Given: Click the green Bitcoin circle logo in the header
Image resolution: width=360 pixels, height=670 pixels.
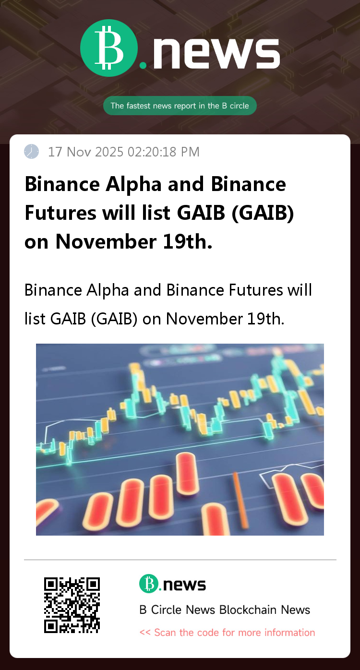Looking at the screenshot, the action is [x=109, y=48].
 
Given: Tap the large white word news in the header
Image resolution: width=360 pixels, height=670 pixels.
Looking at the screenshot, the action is [x=216, y=54].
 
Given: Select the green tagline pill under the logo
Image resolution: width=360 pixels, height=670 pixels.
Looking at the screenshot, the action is [x=180, y=106].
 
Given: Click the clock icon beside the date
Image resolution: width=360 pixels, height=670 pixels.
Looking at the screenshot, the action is [x=31, y=151].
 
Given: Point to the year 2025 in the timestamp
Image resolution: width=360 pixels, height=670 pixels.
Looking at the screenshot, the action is [x=109, y=152].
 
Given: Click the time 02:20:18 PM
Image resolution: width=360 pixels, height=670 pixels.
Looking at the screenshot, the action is [x=163, y=152].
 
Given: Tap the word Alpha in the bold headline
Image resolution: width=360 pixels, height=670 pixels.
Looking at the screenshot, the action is [x=133, y=184].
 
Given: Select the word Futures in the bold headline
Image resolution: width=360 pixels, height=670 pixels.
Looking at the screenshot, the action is [x=60, y=213].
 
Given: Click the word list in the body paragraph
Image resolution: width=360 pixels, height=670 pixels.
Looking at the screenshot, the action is [x=35, y=319].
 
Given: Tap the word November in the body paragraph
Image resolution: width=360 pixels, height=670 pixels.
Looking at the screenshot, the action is [x=204, y=319].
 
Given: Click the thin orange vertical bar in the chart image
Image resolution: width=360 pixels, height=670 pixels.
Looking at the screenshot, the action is [x=240, y=500].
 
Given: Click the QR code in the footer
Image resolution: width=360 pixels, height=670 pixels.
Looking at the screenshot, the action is [x=72, y=605].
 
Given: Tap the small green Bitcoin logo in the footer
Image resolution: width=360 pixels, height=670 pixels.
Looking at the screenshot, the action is [x=149, y=584].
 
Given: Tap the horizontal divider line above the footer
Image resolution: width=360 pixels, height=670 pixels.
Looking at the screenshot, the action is [x=180, y=560].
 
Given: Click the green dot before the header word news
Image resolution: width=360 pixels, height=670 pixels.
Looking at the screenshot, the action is [x=143, y=65].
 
